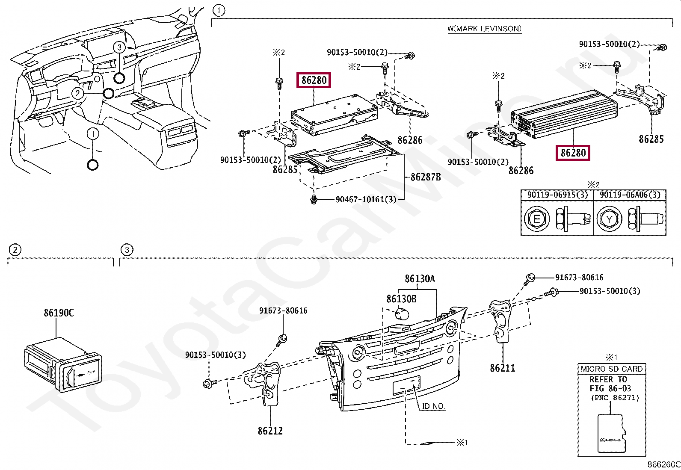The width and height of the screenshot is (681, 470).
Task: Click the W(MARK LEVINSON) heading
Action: [x=484, y=29]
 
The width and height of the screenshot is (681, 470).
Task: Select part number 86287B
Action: [x=425, y=177]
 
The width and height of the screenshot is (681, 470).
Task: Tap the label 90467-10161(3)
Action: [x=366, y=199]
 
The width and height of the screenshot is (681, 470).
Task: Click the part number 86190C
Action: [x=59, y=313]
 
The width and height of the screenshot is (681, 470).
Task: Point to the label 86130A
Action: [x=420, y=279]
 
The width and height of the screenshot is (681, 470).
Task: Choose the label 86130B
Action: [x=401, y=299]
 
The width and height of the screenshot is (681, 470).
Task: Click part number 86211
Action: [x=502, y=368]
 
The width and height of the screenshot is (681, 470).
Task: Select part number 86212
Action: [x=270, y=431]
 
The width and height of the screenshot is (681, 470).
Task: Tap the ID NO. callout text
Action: [x=433, y=406]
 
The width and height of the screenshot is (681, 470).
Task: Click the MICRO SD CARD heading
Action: [x=611, y=369]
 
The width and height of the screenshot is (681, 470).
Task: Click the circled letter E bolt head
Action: [x=536, y=219]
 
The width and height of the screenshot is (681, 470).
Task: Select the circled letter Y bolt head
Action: [x=609, y=219]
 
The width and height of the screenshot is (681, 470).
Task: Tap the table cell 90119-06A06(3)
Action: [x=630, y=195]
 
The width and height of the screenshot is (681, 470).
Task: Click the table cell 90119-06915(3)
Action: [x=557, y=195]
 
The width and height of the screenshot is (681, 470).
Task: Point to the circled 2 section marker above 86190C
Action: [x=15, y=250]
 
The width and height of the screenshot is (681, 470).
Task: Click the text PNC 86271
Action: [x=615, y=398]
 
